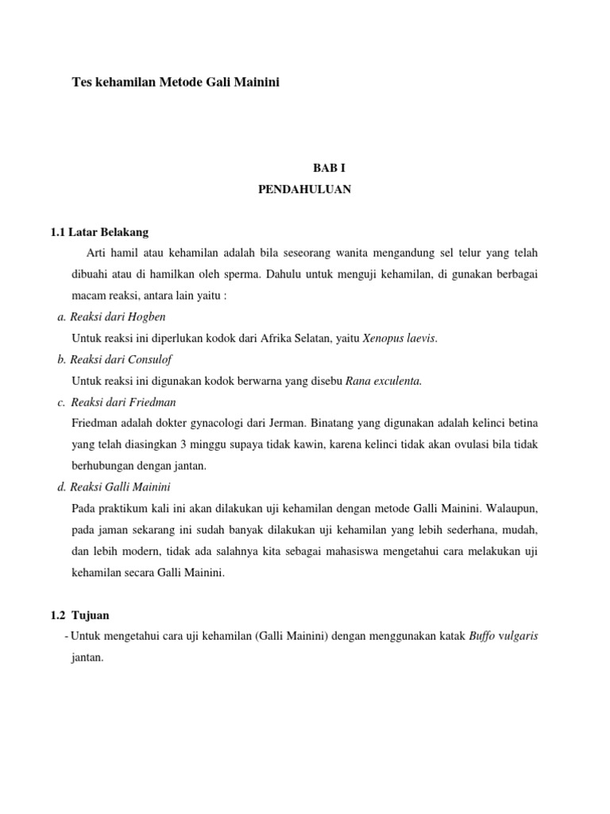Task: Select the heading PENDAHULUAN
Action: pos(305,190)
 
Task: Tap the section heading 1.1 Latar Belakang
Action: pos(99,232)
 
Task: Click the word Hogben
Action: pos(148,316)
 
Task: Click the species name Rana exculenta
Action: pos(384,381)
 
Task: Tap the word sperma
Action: pos(265,274)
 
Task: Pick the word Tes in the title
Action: pos(81,82)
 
